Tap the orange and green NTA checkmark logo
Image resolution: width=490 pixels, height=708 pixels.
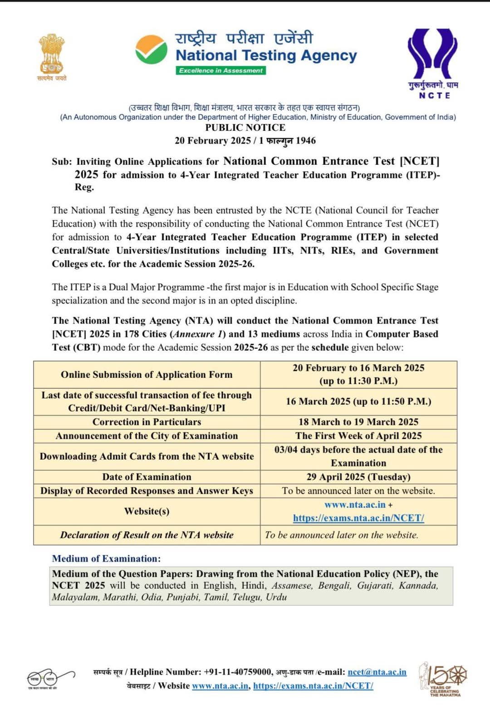pos(151,50)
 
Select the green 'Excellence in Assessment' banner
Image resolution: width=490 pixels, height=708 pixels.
pos(220,70)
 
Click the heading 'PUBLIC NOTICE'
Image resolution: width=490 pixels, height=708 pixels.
pos(245,128)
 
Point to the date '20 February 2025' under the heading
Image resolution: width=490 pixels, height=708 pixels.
pos(212,141)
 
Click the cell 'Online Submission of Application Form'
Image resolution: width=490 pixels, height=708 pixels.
pos(147,375)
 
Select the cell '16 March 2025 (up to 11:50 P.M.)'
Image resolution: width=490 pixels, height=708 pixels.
pos(358,401)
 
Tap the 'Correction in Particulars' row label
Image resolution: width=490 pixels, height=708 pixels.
pos(147,422)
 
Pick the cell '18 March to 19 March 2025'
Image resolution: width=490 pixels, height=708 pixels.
pos(358,422)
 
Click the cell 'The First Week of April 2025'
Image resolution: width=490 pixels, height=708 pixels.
pos(358,436)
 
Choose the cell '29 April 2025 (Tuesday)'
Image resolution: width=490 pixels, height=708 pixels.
pos(358,477)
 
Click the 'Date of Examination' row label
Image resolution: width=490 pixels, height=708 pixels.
pos(147,477)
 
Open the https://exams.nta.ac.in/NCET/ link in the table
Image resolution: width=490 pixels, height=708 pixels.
pos(358,518)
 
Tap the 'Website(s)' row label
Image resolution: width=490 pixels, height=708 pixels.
pos(147,511)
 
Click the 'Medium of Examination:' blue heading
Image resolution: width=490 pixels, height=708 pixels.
pos(106,559)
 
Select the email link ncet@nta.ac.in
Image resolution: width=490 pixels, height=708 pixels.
pos(377,672)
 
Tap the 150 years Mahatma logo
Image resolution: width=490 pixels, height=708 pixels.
pos(444,678)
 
